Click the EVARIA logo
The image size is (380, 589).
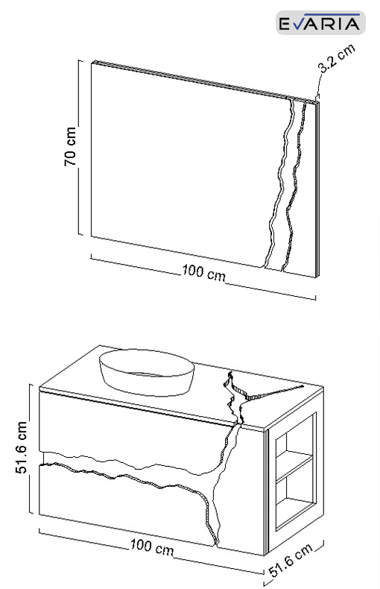320,23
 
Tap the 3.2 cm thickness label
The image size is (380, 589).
337,58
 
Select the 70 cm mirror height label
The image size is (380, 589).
70,146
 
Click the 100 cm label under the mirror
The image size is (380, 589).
204,272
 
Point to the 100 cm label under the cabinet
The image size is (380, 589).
152,547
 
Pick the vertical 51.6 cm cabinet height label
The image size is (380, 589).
21,447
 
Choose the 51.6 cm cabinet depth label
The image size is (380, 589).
291,560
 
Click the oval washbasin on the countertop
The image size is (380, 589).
147,372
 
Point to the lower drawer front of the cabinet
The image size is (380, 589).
124,503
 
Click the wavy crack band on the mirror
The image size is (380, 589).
286,184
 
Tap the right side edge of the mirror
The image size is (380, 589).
317,189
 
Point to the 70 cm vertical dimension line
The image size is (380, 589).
80,147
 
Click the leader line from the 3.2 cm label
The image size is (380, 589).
319,86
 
